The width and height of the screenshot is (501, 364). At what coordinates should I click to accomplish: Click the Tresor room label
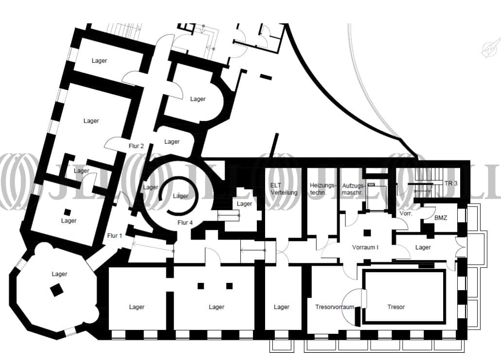[396, 307]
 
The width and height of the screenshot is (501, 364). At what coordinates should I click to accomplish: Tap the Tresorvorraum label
[335, 307]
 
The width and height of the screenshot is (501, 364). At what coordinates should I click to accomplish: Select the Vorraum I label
[365, 247]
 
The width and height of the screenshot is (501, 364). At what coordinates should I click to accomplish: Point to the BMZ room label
[441, 218]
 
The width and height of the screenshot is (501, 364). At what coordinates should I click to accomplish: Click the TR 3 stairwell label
[450, 183]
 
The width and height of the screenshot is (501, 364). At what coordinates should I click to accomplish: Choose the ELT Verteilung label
[284, 189]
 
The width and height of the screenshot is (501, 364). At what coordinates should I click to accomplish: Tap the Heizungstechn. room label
[323, 189]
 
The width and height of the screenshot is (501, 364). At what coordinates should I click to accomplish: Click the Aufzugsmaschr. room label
[354, 189]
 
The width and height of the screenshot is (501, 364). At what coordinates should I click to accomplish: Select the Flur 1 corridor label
[114, 236]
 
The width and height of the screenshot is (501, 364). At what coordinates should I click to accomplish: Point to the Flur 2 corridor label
[136, 146]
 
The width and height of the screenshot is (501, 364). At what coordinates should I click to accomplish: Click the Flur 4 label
[185, 223]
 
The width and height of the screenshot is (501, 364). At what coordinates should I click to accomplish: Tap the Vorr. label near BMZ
[406, 213]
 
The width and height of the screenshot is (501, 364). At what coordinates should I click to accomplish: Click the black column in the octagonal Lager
[57, 290]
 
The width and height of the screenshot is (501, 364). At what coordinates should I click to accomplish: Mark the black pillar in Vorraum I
[367, 233]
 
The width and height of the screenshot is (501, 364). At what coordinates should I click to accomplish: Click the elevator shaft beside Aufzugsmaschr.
[376, 197]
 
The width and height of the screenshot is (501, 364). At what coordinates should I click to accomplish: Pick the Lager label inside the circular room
[180, 196]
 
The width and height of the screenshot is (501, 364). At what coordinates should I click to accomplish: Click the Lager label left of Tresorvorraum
[282, 307]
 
